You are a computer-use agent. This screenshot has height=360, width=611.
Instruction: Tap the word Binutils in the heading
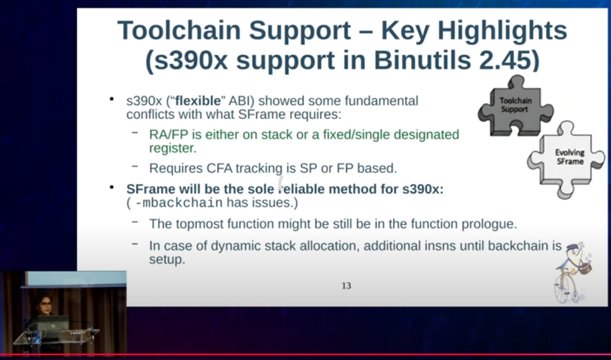tap(423, 61)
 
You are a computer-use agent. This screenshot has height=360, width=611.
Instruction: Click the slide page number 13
tap(347, 286)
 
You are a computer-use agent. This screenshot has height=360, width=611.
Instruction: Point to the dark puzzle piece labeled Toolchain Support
tap(515, 106)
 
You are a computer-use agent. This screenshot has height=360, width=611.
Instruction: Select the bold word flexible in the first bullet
tap(198, 101)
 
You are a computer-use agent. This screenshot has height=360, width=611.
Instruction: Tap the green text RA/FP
tap(169, 135)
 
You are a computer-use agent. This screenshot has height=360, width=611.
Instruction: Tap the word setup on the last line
tap(167, 260)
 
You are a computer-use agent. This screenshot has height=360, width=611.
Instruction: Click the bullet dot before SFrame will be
tap(112, 187)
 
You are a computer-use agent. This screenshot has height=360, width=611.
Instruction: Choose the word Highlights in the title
tap(502, 31)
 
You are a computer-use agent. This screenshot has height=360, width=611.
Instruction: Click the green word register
tap(173, 149)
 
